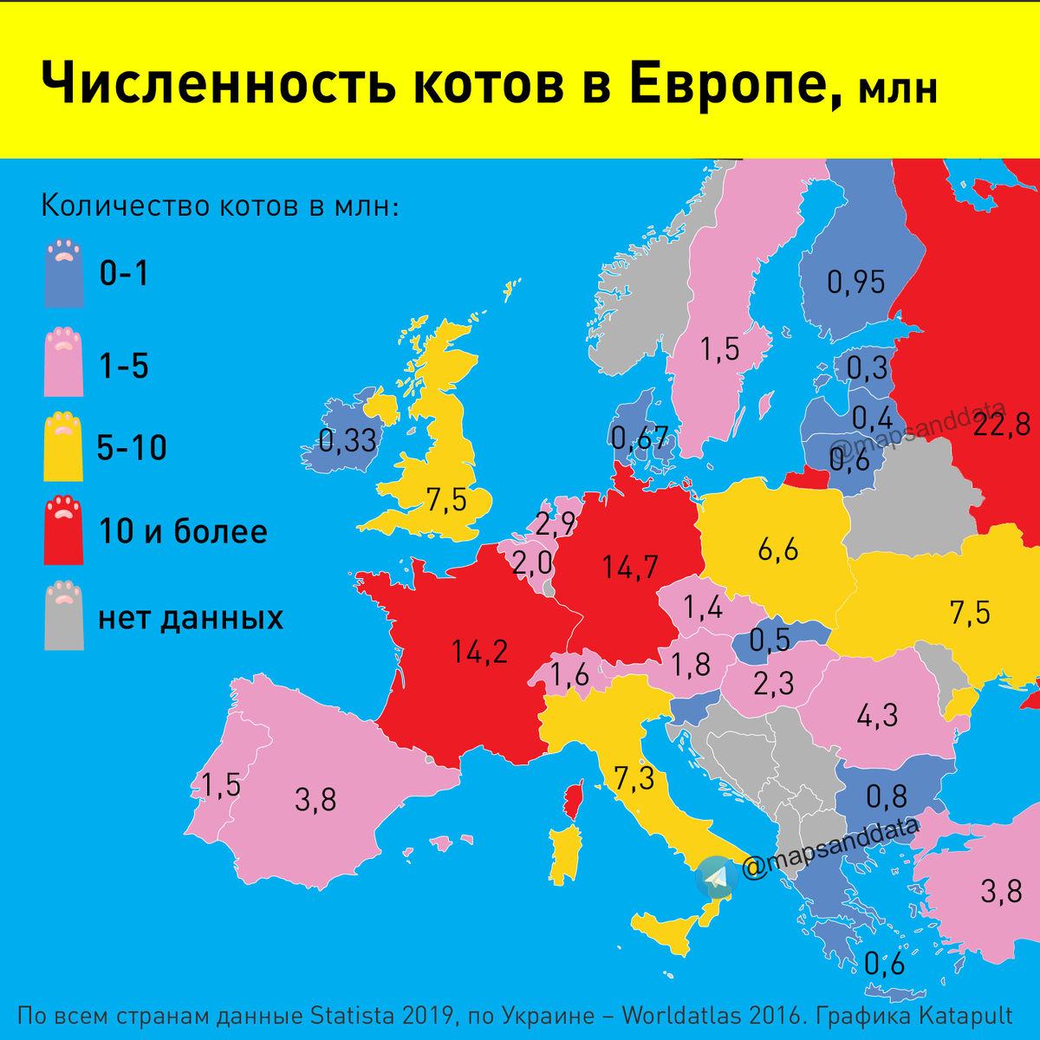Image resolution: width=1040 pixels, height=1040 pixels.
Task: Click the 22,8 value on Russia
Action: click(x=1001, y=425)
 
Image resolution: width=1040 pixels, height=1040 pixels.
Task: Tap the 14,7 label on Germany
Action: click(x=631, y=568)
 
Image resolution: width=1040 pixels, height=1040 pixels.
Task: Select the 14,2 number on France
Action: click(x=480, y=652)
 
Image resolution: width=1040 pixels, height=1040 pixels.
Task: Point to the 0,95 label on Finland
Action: click(x=856, y=282)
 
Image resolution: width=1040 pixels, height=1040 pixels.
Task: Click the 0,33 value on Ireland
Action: click(x=348, y=440)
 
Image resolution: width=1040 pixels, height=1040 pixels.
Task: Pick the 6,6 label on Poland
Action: click(x=777, y=549)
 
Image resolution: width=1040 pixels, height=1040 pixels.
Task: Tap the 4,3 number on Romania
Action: click(x=877, y=715)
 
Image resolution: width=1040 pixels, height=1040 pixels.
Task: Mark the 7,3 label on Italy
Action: click(x=634, y=777)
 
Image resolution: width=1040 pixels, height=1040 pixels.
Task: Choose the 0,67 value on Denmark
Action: click(x=640, y=438)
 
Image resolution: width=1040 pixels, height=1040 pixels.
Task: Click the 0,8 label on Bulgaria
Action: click(x=887, y=795)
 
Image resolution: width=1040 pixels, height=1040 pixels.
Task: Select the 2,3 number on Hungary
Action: click(x=774, y=684)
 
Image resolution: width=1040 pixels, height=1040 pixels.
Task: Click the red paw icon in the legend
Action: click(x=64, y=530)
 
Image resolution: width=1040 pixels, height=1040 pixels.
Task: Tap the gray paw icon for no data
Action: click(x=64, y=615)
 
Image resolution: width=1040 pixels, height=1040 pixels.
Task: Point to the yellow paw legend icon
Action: click(x=64, y=446)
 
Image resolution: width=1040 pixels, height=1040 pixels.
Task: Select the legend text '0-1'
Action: click(x=124, y=275)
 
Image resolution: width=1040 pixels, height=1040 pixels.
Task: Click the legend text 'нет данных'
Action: click(x=191, y=618)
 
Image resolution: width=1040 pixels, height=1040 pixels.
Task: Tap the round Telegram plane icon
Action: click(x=716, y=878)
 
